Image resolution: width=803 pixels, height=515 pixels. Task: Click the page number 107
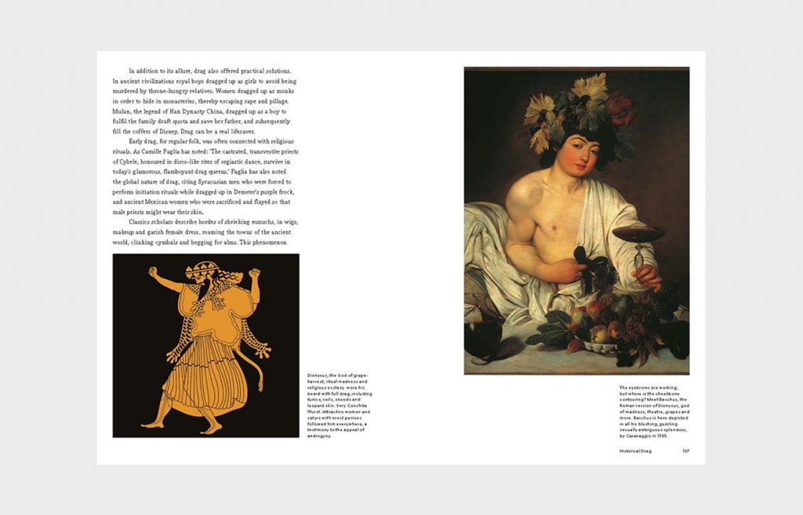coord(685,451)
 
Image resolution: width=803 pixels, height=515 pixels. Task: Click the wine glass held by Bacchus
coord(638,236)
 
